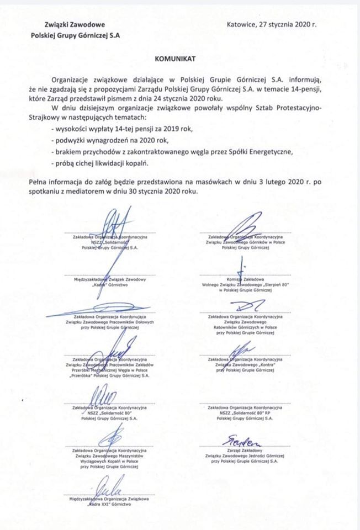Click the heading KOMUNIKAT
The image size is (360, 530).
tap(179, 57)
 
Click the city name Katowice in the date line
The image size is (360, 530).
tap(242, 24)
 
